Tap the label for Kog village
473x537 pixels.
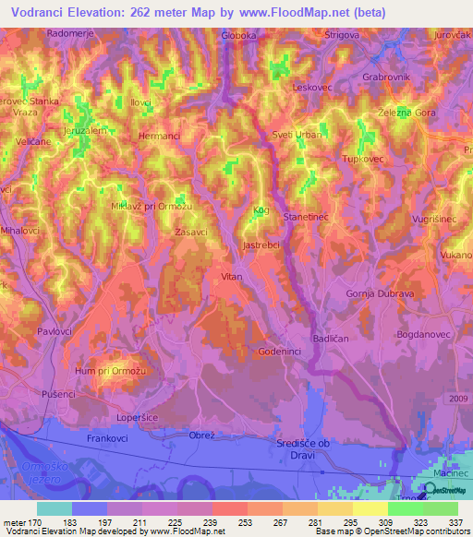point(261,211)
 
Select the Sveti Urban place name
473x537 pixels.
point(296,135)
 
